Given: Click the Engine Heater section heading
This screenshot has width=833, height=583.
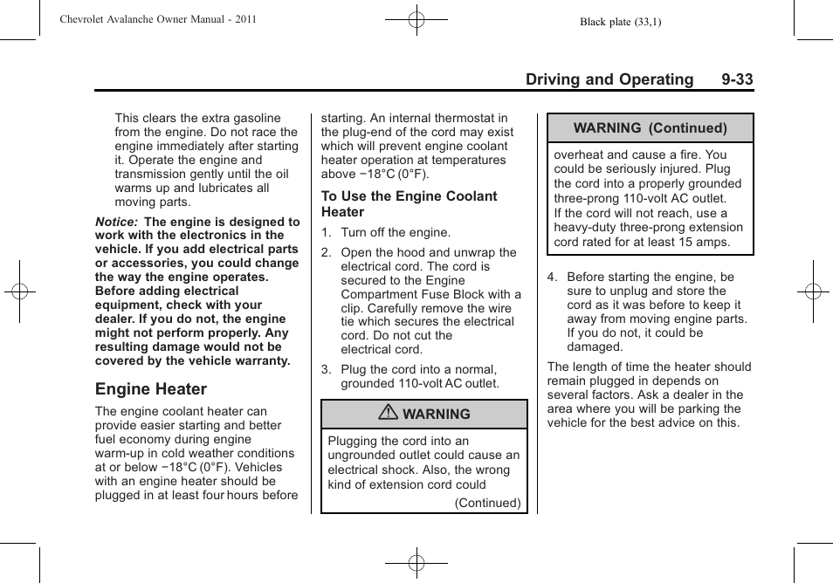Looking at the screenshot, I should pyautogui.click(x=151, y=389).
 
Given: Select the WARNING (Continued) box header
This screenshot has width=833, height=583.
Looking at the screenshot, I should pyautogui.click(x=650, y=128).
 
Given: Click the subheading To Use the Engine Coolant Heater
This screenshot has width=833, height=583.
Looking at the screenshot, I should pyautogui.click(x=409, y=204).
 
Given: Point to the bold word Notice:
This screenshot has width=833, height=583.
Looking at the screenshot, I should pyautogui.click(x=116, y=222).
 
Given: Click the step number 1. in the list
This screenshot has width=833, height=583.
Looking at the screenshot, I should pyautogui.click(x=327, y=233).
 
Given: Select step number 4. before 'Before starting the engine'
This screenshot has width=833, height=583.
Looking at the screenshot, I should pyautogui.click(x=553, y=278).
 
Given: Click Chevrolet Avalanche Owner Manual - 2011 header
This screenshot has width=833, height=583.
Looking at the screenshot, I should pyautogui.click(x=158, y=19).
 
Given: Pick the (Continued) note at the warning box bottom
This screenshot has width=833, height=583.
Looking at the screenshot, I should pyautogui.click(x=487, y=503).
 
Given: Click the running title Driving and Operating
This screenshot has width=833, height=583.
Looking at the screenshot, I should pyautogui.click(x=609, y=79).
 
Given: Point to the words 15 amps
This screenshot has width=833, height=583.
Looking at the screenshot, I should pyautogui.click(x=703, y=242).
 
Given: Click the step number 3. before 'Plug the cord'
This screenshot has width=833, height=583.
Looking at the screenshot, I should pyautogui.click(x=327, y=370).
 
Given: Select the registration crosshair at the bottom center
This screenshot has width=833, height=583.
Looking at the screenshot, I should pyautogui.click(x=416, y=564).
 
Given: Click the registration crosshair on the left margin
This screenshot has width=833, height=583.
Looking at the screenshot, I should pyautogui.click(x=19, y=291).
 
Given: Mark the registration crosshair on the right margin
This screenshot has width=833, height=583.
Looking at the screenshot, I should pyautogui.click(x=813, y=291).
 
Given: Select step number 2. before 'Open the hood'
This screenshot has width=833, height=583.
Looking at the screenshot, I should pyautogui.click(x=327, y=253).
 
